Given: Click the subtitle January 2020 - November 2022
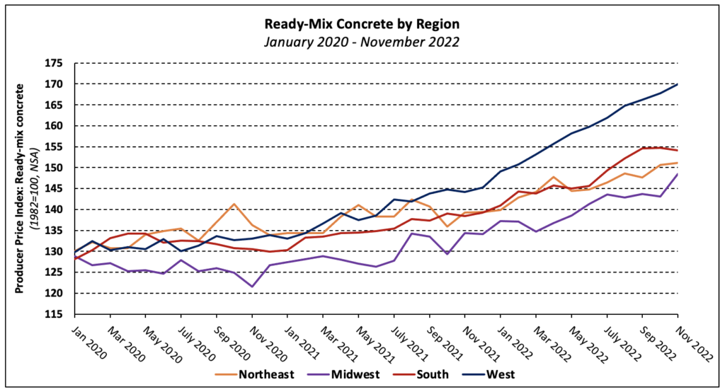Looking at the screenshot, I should pos(362,42).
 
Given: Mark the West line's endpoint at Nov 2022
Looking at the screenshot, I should pos(678,84).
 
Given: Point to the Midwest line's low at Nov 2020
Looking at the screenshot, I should pos(252,287).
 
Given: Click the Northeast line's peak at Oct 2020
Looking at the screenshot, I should pos(234,204).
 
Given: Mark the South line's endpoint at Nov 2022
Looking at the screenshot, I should pos(678,150).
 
